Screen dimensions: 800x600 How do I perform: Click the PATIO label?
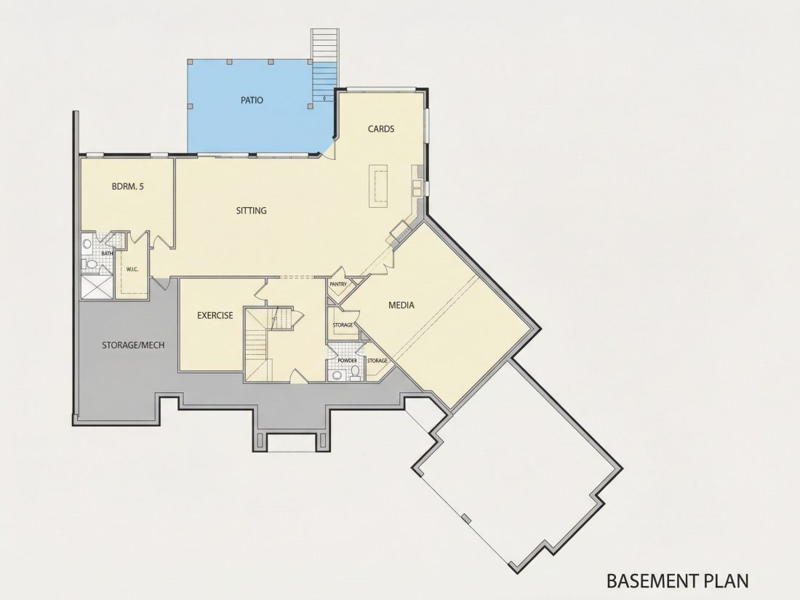[x=252, y=100]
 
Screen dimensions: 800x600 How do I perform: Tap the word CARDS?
[x=381, y=129]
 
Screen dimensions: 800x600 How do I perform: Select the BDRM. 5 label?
[x=127, y=186]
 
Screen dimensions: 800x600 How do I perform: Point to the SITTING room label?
[x=252, y=210]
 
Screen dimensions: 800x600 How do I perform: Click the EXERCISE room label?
[x=215, y=316]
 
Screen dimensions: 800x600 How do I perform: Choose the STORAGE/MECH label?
[x=133, y=345]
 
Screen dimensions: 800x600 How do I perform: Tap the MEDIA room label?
[x=401, y=305]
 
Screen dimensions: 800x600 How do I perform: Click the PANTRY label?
[x=338, y=284]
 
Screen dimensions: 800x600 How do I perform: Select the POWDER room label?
[x=348, y=360]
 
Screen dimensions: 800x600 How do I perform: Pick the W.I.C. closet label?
[x=132, y=269]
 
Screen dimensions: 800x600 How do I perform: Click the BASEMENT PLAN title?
[x=678, y=580]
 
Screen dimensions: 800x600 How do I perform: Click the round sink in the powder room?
[x=337, y=376]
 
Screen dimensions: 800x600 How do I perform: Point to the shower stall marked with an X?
[x=97, y=287]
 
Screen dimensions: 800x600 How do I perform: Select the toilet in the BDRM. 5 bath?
[x=89, y=264]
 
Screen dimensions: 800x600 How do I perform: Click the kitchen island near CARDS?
[x=379, y=185]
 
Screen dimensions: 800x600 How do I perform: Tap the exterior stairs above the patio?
[x=324, y=65]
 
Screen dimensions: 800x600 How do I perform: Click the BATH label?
[x=107, y=253]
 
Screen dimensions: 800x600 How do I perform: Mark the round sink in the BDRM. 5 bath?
[x=87, y=244]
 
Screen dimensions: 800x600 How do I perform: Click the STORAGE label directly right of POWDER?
[x=377, y=361]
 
